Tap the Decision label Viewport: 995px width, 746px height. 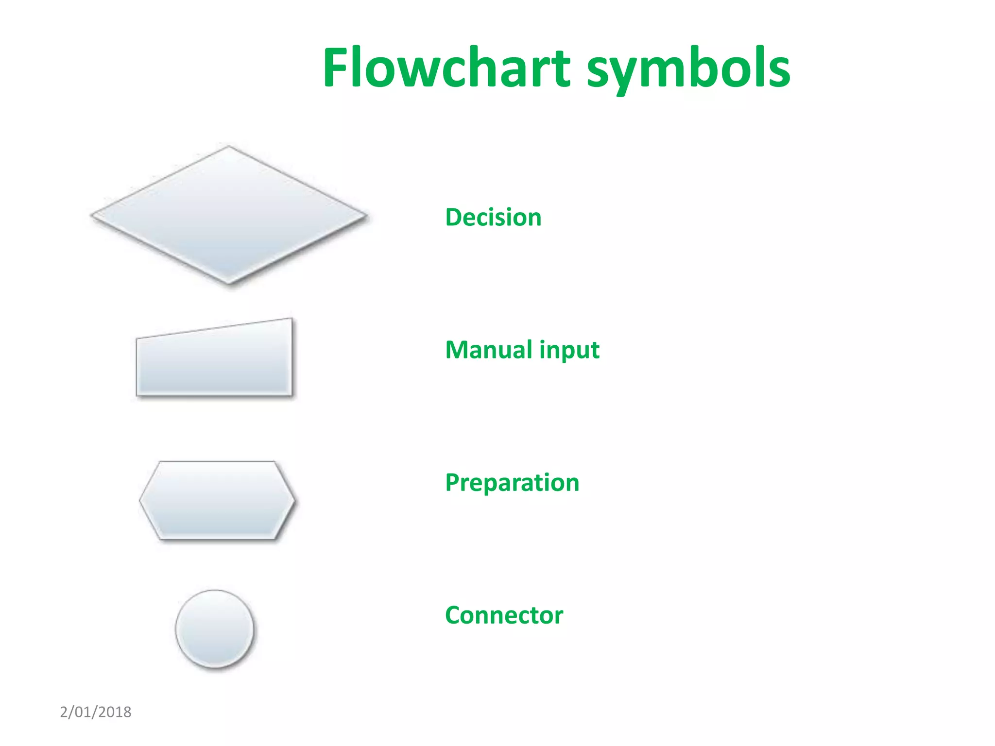493,217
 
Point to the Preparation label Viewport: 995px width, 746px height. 512,483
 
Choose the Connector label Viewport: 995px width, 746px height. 504,615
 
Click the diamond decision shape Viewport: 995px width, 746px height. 228,215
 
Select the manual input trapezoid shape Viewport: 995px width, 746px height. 214,362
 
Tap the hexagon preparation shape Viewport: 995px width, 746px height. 217,500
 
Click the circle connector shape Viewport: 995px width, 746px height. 214,629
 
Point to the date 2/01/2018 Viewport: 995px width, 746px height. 96,712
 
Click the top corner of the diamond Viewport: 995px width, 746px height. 228,147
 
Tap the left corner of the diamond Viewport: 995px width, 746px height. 92,215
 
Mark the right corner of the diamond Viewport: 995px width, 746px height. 365,215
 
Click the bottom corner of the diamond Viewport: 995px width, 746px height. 228,283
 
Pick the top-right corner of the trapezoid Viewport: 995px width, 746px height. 291,319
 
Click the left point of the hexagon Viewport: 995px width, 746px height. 140,500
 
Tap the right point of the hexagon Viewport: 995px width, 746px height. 294,500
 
